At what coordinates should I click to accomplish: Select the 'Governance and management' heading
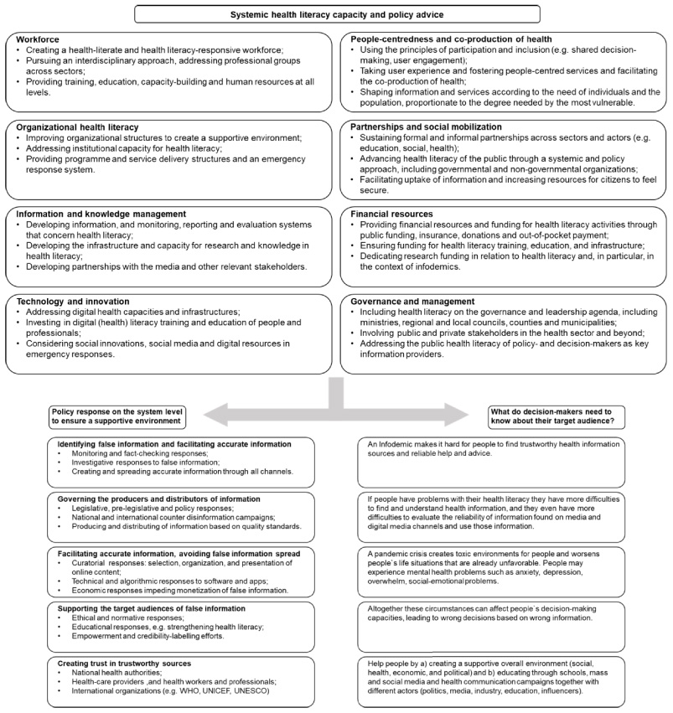coord(409,301)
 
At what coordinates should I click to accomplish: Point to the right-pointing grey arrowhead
coord(466,411)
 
